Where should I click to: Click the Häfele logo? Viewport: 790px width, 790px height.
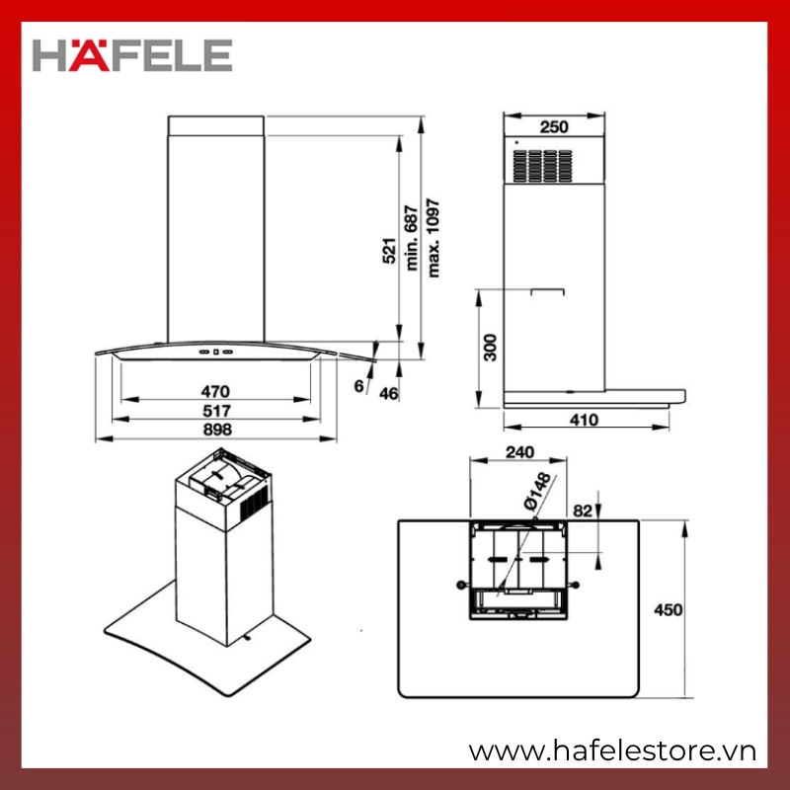tap(132, 55)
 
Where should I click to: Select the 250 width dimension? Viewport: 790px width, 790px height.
tap(554, 127)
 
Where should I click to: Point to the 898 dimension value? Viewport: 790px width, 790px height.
tap(217, 430)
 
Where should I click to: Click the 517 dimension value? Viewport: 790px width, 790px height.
tap(216, 411)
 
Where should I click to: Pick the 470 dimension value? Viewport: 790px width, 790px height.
tap(215, 391)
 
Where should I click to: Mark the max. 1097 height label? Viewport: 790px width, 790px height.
tap(434, 238)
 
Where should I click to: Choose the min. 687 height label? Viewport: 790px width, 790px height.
tap(412, 238)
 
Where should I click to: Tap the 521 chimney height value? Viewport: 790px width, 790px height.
tap(389, 251)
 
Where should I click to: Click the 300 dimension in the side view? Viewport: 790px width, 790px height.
tap(490, 348)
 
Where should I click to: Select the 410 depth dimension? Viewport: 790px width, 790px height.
tap(585, 419)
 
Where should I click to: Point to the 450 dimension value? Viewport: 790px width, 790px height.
tap(669, 610)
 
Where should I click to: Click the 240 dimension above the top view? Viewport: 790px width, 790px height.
tap(520, 452)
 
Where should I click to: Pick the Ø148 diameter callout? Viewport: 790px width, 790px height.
tap(537, 492)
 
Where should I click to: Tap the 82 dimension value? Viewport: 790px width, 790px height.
tap(583, 511)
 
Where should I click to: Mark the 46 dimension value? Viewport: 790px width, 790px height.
tap(388, 393)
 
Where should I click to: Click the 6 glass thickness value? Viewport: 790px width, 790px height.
tap(358, 386)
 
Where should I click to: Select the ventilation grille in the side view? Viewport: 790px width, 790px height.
tap(543, 166)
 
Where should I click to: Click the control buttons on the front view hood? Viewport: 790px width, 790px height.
tap(215, 352)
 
